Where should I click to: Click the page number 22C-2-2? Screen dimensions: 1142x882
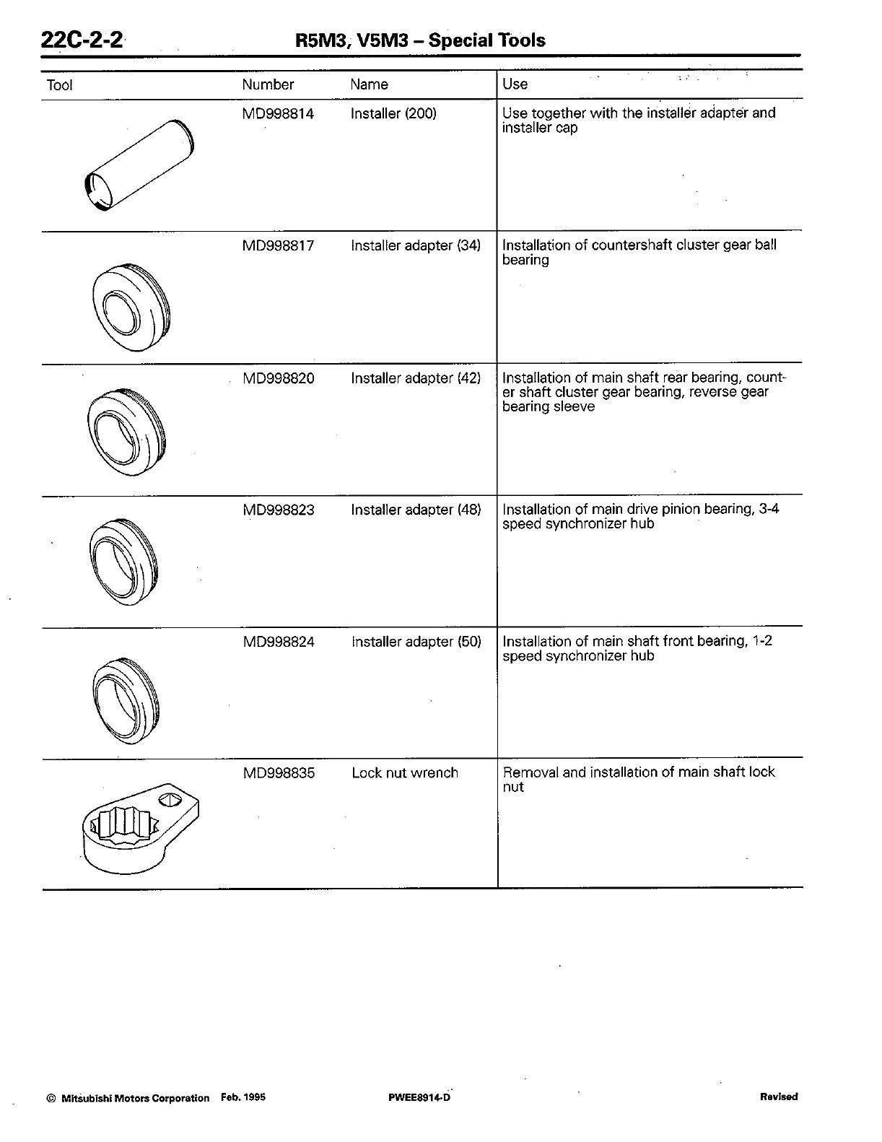pos(82,39)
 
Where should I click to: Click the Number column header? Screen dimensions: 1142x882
pos(268,84)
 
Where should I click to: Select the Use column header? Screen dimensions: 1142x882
pos(515,84)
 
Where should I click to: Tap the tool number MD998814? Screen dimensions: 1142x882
pos(278,113)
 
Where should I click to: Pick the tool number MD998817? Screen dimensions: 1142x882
pos(278,245)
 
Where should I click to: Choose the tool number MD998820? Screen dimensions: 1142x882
pos(278,378)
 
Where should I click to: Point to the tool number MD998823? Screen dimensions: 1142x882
pos(278,510)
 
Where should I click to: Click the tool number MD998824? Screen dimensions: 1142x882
pos(278,642)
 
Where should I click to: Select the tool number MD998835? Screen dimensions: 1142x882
pos(278,773)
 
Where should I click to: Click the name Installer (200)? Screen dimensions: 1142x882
pos(393,113)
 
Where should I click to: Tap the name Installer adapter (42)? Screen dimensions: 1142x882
pos(416,378)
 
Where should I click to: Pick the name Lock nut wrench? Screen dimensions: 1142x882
pos(405,773)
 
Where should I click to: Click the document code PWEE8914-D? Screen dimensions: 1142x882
pos(419,1098)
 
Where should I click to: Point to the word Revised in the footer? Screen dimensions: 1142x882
pos(779,1097)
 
